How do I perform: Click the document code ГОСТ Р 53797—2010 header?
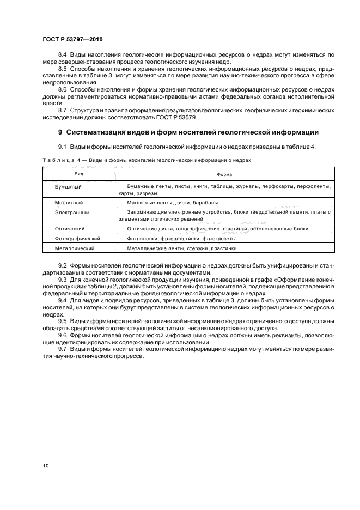tap(72, 40)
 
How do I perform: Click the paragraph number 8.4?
tap(62, 56)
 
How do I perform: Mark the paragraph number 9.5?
tap(62, 321)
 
